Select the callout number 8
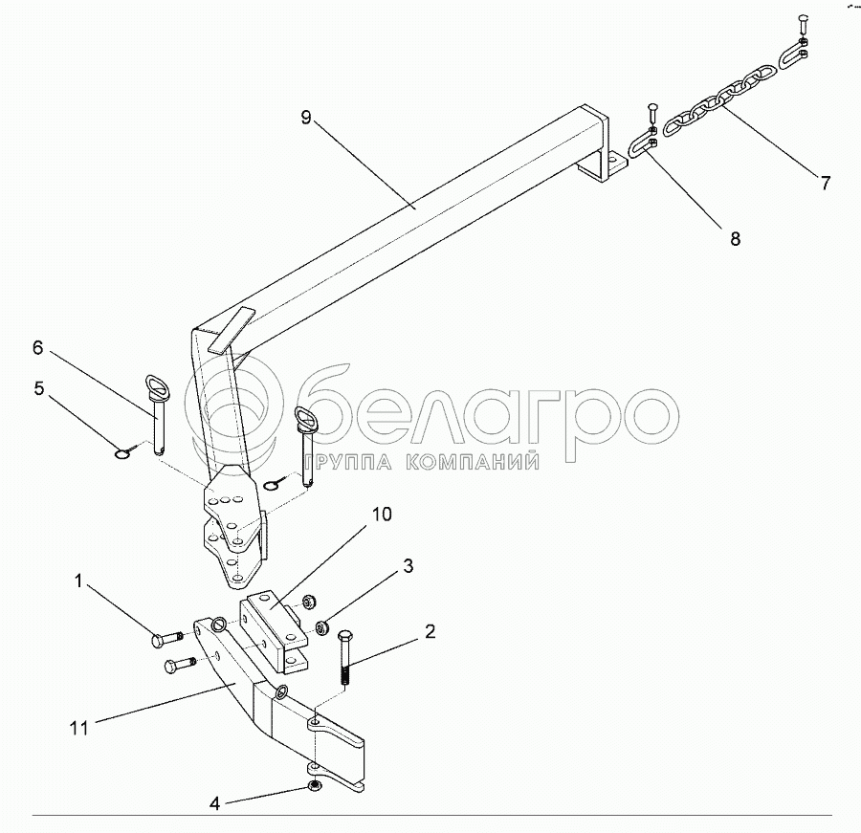(735, 238)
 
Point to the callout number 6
(37, 348)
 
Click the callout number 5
(39, 388)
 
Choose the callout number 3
(408, 565)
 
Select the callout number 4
(215, 804)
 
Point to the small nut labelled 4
(315, 786)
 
